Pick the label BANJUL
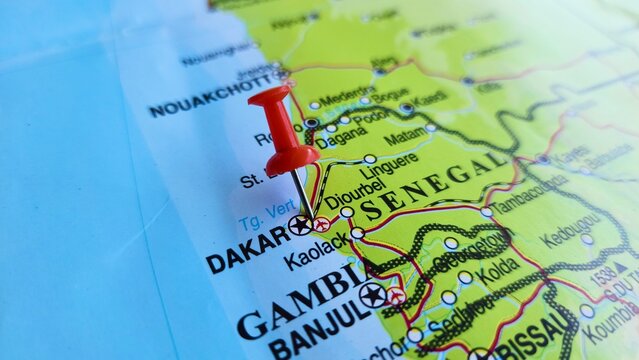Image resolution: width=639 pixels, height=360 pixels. [x=318, y=326]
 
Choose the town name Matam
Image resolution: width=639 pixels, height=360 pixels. [x=404, y=137]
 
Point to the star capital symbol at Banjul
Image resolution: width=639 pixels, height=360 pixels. [x=372, y=294]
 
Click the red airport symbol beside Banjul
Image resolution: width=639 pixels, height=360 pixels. [x=396, y=296]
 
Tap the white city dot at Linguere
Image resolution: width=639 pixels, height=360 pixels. [x=370, y=159]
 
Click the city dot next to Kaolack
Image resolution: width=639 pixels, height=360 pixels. [x=357, y=233]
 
